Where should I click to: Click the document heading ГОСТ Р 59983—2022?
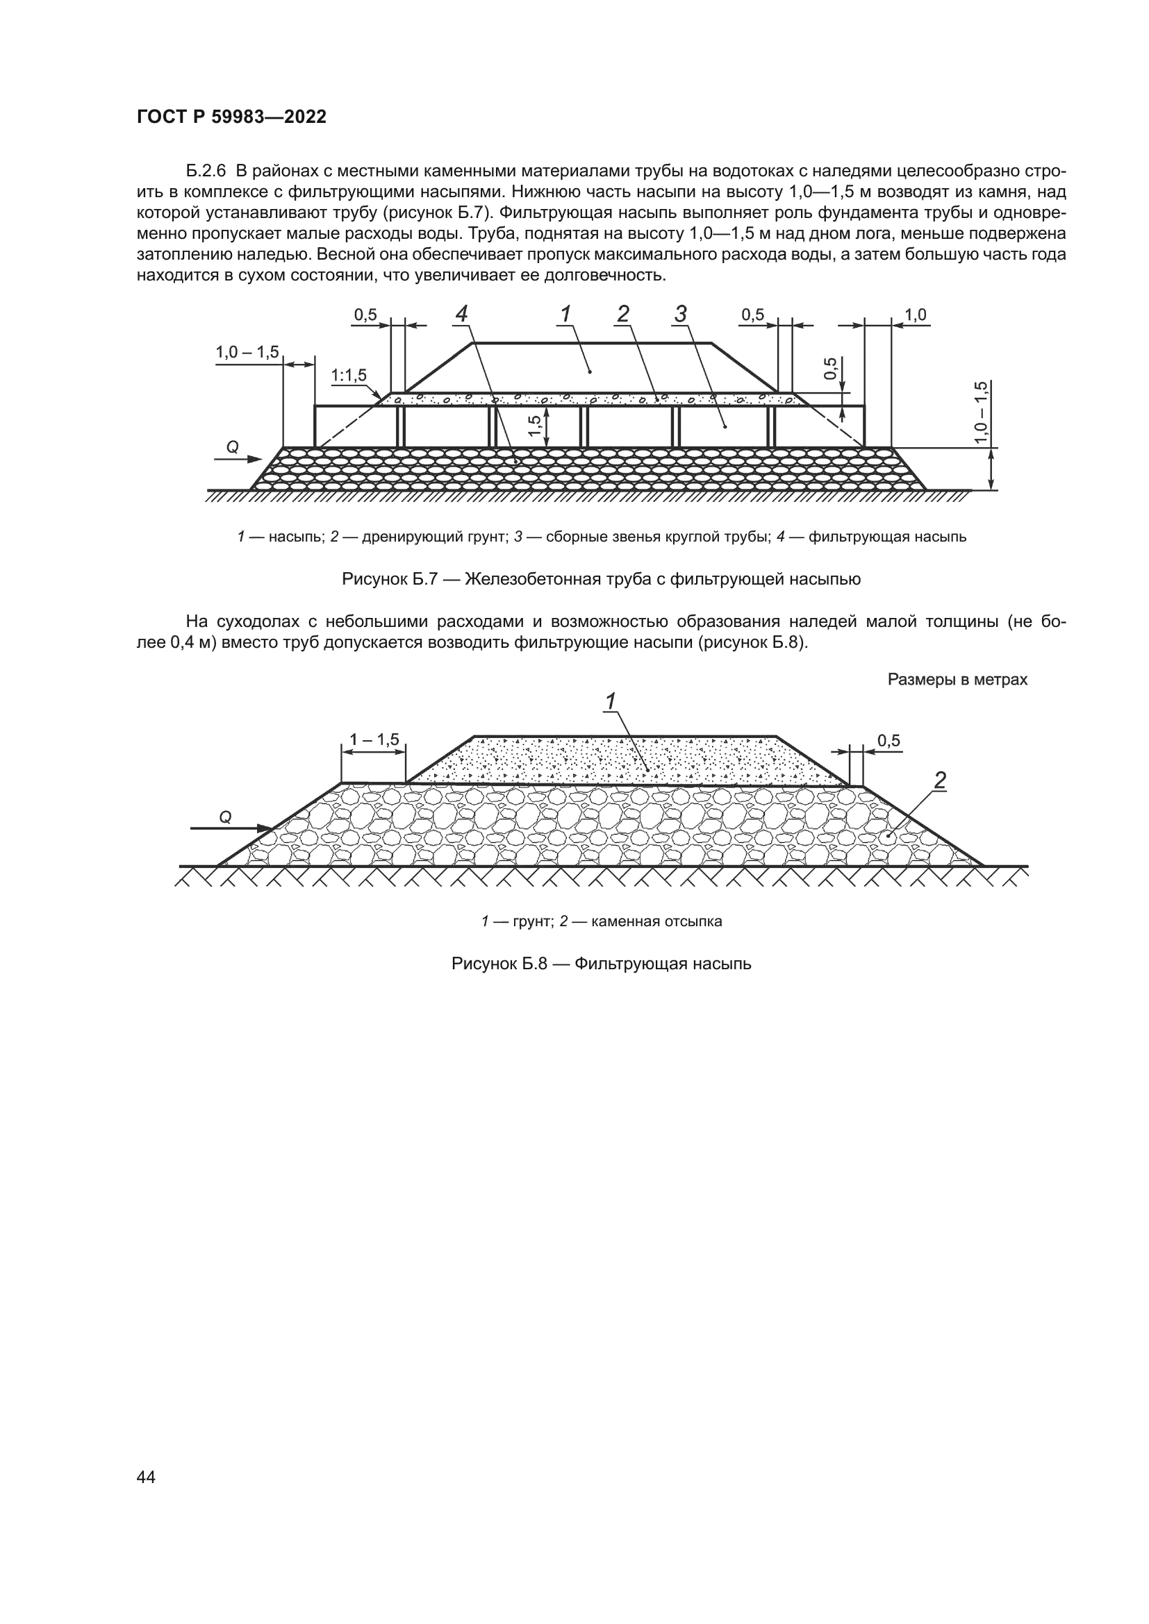click(231, 117)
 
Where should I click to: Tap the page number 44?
click(146, 1477)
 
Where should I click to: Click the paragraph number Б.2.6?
click(205, 171)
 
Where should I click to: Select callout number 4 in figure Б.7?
click(461, 313)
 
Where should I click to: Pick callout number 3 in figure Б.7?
click(681, 313)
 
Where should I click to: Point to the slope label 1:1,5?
click(349, 376)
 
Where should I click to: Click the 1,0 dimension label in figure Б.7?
click(915, 315)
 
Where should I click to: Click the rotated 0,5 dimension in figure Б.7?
click(831, 369)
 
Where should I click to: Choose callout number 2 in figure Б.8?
click(940, 781)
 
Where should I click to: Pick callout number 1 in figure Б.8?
click(610, 701)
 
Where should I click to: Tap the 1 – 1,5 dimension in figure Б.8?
click(374, 740)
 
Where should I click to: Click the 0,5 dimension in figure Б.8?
click(888, 741)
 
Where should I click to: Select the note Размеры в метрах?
click(957, 680)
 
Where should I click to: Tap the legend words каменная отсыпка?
click(656, 921)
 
